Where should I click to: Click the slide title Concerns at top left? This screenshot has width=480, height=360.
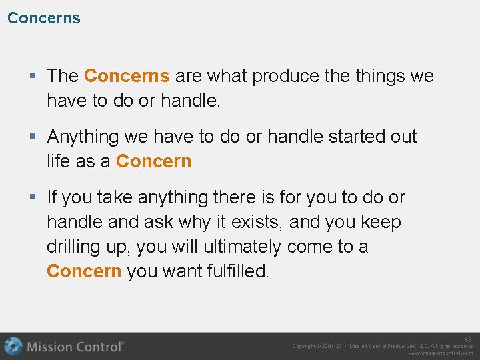click(44, 18)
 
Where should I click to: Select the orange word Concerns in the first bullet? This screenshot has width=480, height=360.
click(127, 76)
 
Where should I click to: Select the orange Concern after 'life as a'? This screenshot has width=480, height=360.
click(153, 161)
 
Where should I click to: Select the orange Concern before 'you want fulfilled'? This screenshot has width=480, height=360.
click(84, 271)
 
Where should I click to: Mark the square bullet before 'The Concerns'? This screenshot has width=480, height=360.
click(34, 76)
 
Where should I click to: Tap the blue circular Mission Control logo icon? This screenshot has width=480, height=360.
click(13, 346)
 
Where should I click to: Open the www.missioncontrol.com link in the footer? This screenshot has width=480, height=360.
click(441, 353)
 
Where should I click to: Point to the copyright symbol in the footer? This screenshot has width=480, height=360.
click(323, 347)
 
